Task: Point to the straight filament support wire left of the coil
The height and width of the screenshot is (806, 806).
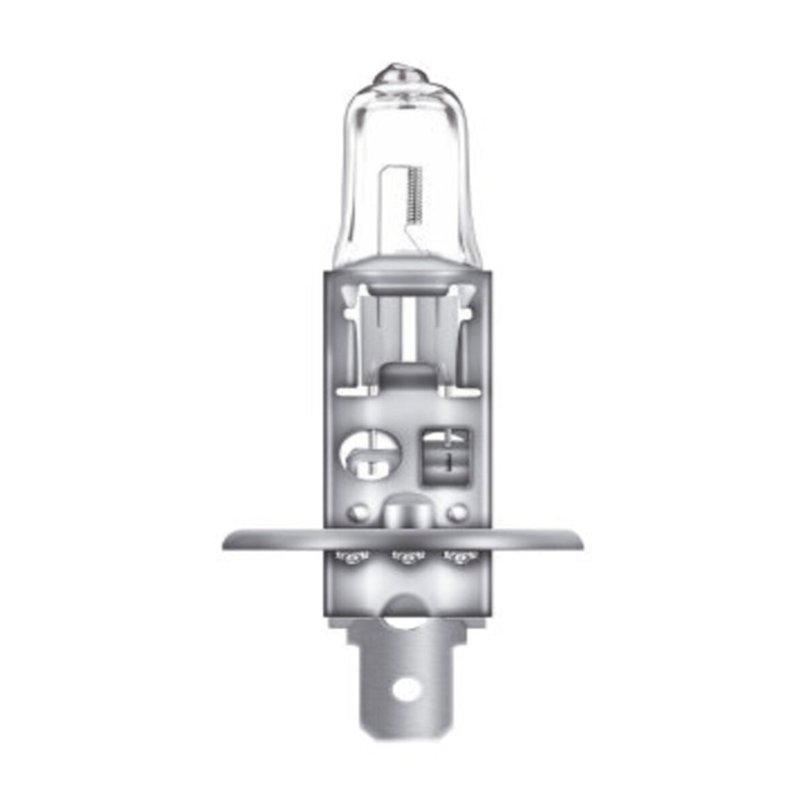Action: pyautogui.click(x=388, y=201)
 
